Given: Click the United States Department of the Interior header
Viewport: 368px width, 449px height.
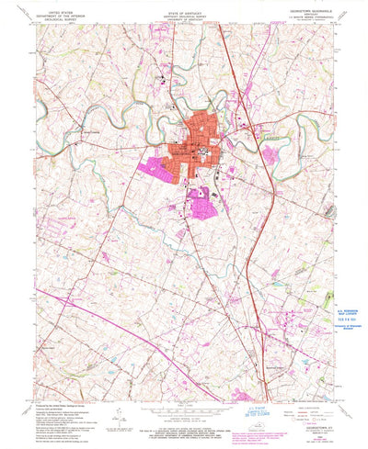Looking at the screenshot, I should click(x=57, y=11).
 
